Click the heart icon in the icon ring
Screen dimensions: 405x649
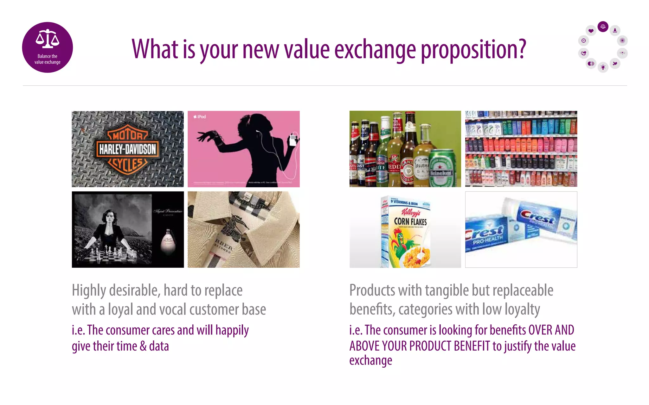[591, 31]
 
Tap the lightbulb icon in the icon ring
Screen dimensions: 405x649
[603, 67]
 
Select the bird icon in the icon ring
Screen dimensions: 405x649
[615, 64]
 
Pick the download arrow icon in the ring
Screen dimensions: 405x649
[615, 30]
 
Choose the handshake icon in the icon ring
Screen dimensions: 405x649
[583, 53]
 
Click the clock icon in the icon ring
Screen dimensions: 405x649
[583, 40]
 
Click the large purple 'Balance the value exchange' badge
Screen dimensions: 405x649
[48, 47]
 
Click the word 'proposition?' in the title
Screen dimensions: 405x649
[473, 50]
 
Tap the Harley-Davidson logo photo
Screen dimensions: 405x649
[128, 149]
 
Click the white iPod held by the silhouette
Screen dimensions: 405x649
[293, 140]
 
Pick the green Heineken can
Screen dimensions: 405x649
[441, 169]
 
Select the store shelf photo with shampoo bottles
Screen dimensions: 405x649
[521, 149]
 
